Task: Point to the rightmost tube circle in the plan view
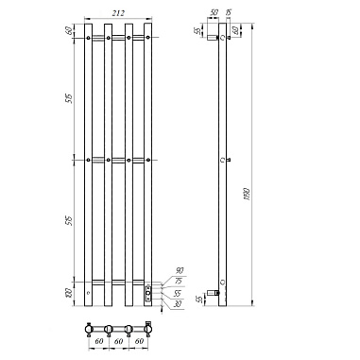tap(146, 329)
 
